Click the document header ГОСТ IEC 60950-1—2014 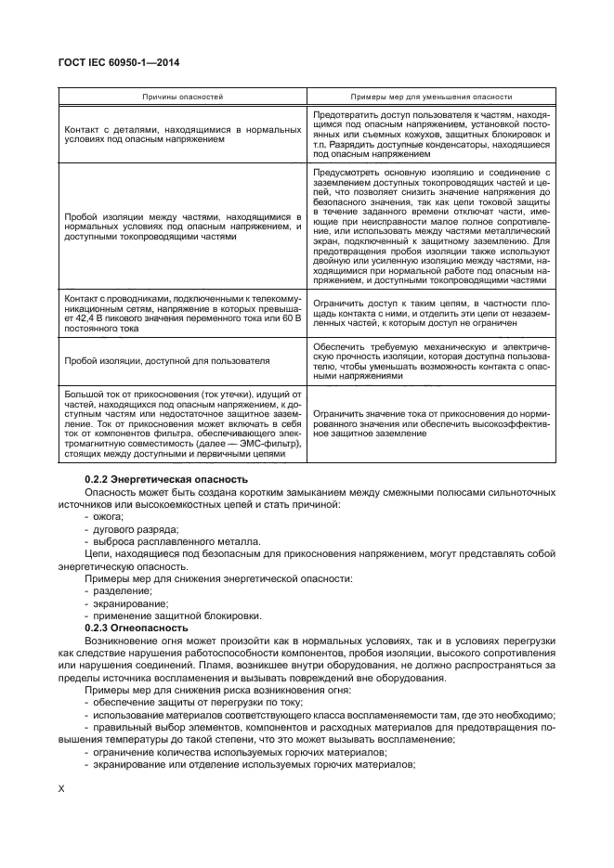click(x=118, y=62)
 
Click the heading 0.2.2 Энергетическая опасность click(x=159, y=477)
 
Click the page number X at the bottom click(x=61, y=788)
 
